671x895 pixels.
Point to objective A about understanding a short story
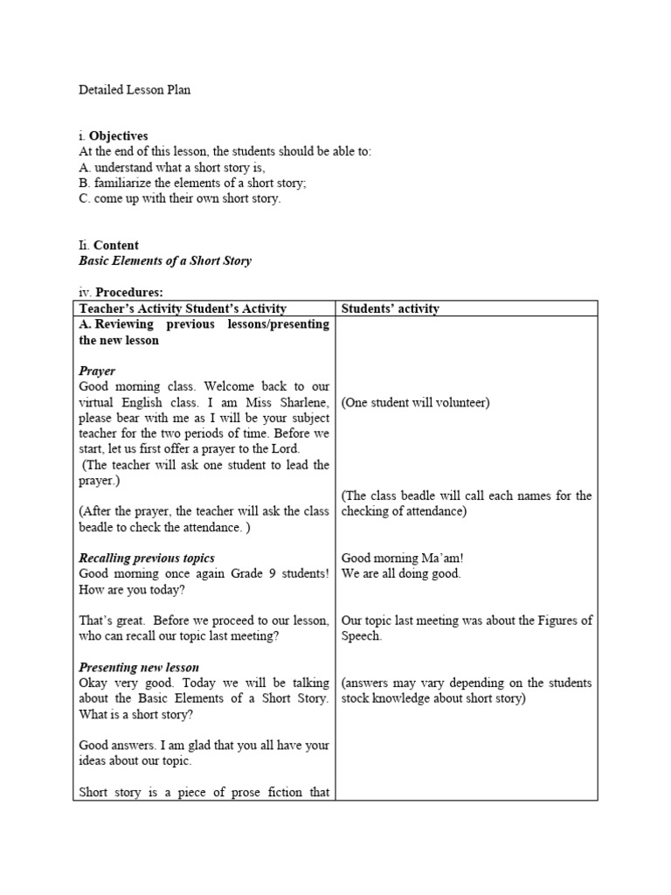point(171,167)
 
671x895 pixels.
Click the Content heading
point(115,246)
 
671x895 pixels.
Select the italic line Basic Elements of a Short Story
point(164,261)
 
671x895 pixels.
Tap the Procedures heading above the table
point(129,293)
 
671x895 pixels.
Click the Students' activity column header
point(390,309)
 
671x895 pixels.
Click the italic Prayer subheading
point(97,371)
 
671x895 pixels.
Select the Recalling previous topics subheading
point(147,558)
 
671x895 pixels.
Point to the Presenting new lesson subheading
point(139,667)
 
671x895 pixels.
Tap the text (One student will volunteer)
point(416,402)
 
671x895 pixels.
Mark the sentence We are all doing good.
point(401,573)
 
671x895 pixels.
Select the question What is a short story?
point(136,714)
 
